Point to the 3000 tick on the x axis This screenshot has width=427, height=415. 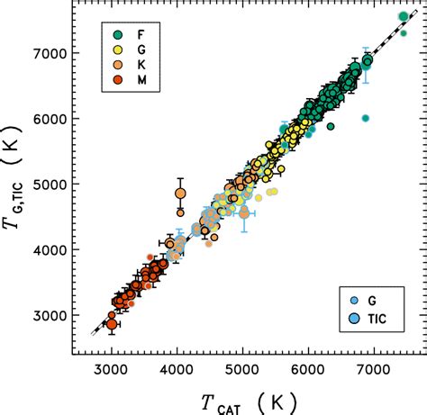coord(112,369)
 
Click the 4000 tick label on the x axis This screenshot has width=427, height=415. coord(177,369)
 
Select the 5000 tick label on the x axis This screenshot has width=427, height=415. coord(243,369)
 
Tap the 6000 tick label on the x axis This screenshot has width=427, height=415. coord(308,369)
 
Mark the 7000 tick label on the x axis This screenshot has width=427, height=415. coord(374,369)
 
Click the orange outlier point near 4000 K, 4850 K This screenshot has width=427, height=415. coord(180,194)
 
